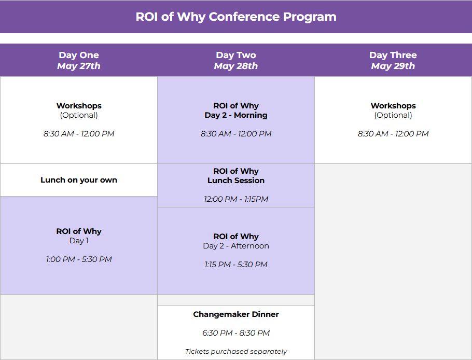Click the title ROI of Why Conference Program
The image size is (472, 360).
coord(236,17)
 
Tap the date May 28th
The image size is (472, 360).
coord(236,66)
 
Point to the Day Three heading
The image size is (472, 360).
coord(393,55)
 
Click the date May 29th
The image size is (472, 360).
coord(393,66)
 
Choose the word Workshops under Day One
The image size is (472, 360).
coord(79,106)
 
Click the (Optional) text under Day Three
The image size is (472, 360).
coord(393,115)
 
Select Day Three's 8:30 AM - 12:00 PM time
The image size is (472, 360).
coord(393,134)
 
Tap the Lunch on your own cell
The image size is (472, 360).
coord(79,180)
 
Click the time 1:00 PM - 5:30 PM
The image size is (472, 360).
coord(79,259)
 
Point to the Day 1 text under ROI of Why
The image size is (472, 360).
coord(79,241)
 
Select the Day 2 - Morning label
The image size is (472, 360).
coord(236,115)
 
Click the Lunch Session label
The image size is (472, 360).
coord(236,181)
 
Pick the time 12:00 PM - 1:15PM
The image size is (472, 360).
coord(236,199)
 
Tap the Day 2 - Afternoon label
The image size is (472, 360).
coord(236,246)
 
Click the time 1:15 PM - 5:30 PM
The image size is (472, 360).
coord(236,264)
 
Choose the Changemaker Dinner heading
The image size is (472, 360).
coord(236,314)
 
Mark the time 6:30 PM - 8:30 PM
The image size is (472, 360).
coord(236,333)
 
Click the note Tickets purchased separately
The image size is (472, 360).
coord(236,351)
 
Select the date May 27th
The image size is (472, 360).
coord(79,66)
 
